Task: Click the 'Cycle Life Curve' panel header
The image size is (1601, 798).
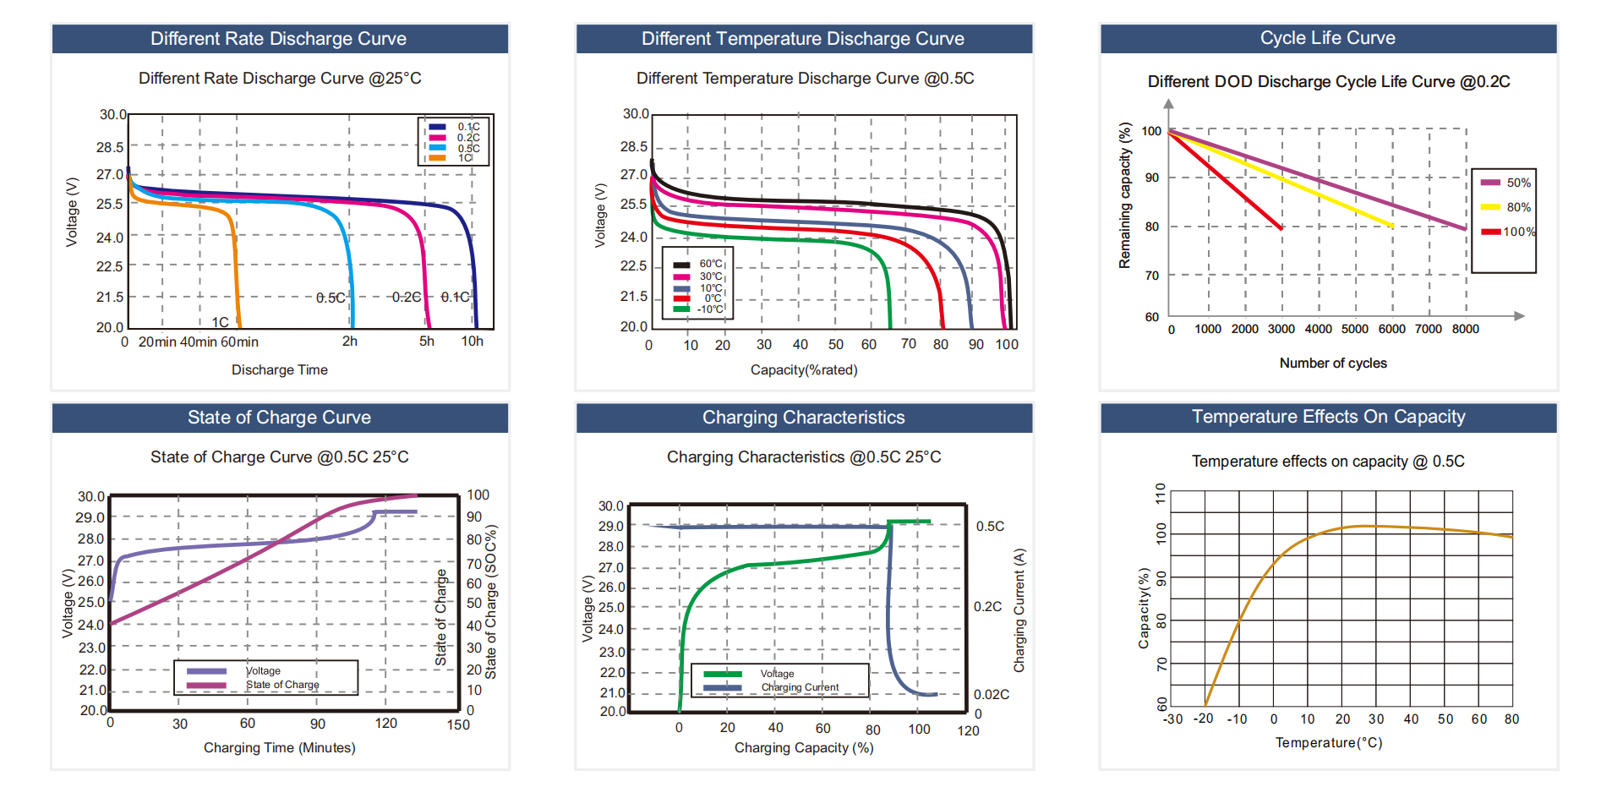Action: [x=1327, y=38]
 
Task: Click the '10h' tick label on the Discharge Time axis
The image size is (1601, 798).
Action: [x=472, y=342]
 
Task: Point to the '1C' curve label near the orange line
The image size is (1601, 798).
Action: [x=220, y=322]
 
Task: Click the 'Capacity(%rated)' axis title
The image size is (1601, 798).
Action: [x=803, y=370]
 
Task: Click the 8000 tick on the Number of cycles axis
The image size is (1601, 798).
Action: [x=1465, y=329]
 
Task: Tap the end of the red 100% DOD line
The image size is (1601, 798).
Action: [x=1281, y=228]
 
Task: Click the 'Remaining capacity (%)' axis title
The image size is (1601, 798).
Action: [x=1124, y=196]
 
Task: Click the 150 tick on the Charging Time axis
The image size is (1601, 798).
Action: [x=458, y=724]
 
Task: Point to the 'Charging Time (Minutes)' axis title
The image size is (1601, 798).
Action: [x=279, y=748]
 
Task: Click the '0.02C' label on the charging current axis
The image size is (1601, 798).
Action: [x=991, y=695]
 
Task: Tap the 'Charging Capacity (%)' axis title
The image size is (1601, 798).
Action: [x=803, y=748]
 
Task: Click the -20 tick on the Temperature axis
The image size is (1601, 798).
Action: [x=1203, y=719]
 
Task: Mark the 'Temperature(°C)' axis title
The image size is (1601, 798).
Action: [x=1328, y=743]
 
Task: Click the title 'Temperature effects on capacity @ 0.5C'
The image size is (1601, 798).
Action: [x=1327, y=462]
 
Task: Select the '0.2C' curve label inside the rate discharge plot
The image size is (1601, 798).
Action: [x=406, y=298]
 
